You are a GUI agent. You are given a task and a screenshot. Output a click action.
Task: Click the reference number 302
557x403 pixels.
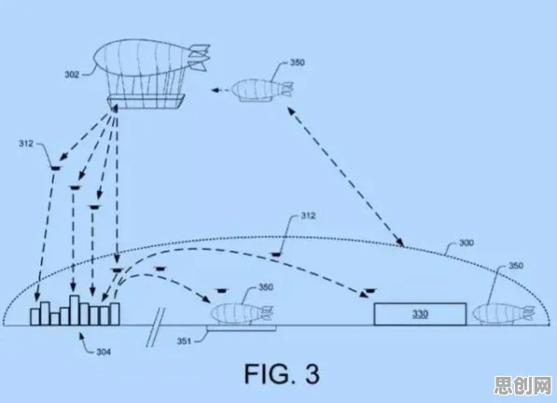(x=71, y=75)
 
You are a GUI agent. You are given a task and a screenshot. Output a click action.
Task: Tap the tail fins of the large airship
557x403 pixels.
(x=199, y=57)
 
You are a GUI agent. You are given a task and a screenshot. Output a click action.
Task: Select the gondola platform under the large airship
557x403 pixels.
(x=146, y=101)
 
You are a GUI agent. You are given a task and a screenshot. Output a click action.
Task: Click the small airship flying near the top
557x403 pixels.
(x=263, y=91)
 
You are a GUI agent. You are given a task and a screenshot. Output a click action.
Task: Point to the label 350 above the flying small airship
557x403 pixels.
(x=297, y=63)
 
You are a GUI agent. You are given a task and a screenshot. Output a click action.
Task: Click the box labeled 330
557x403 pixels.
(x=420, y=314)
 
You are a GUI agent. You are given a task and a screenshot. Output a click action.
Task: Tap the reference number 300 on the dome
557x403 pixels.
(x=466, y=243)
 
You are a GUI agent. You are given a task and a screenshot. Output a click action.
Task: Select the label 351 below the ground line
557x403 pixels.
(x=184, y=341)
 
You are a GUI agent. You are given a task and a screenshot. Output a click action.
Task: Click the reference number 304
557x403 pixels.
(x=104, y=352)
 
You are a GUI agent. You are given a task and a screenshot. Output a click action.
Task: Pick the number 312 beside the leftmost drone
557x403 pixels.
(x=26, y=144)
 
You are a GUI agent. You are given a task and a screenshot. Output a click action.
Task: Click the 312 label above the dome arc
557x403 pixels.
(x=308, y=216)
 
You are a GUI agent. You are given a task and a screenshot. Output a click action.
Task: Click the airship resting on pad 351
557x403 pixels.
(x=242, y=313)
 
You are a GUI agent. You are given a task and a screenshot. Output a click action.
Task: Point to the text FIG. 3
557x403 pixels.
(x=281, y=373)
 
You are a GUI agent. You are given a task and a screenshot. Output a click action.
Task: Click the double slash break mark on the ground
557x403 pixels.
(x=156, y=327)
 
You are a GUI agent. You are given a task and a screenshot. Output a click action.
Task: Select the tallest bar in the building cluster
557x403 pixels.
(x=74, y=310)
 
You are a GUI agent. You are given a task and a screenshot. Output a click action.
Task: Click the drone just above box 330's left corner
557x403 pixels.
(x=370, y=291)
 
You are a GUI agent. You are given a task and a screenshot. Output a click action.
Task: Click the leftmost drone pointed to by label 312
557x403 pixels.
(x=55, y=168)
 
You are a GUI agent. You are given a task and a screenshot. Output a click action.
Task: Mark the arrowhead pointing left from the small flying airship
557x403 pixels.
(x=215, y=91)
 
